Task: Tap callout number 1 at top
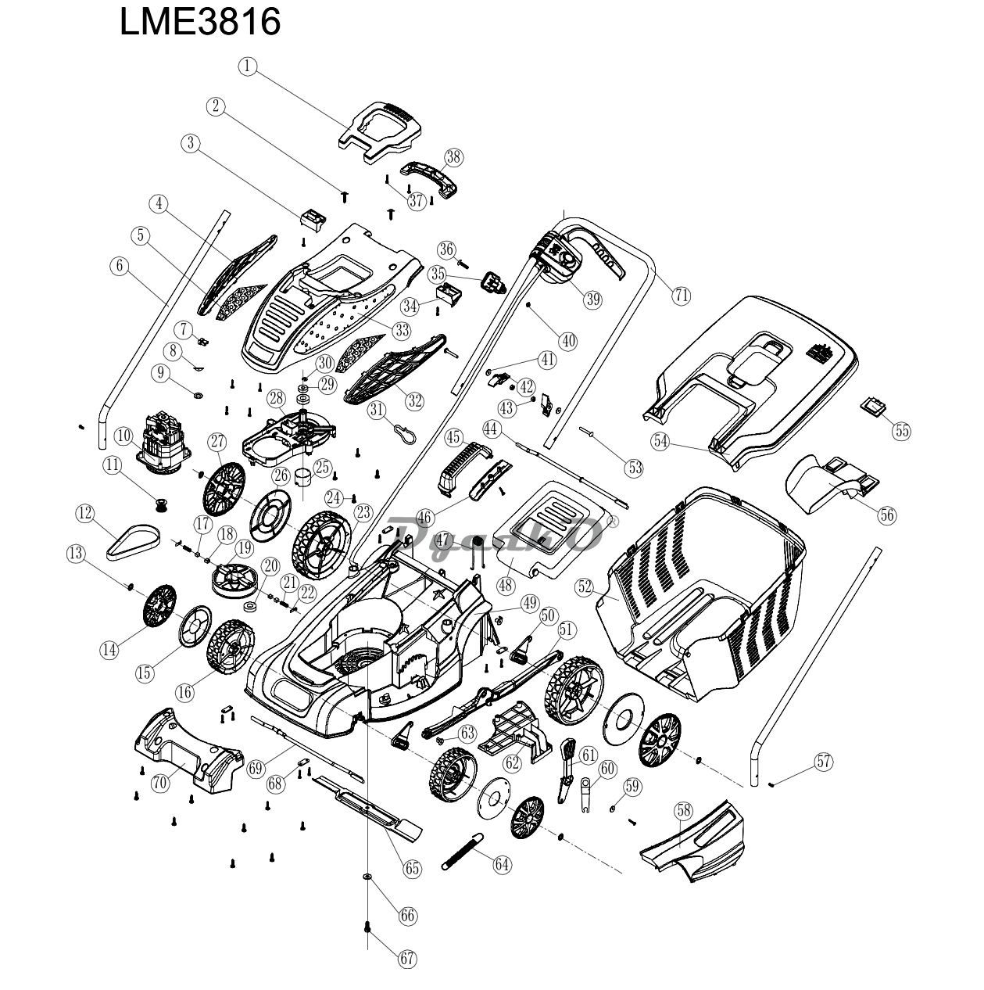tap(248, 67)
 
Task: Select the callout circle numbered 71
tap(682, 295)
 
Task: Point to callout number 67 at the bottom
tap(406, 959)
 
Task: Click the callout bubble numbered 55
tap(902, 431)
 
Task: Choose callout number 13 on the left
tap(76, 554)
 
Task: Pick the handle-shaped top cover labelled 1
tap(376, 125)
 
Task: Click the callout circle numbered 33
tap(401, 331)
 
